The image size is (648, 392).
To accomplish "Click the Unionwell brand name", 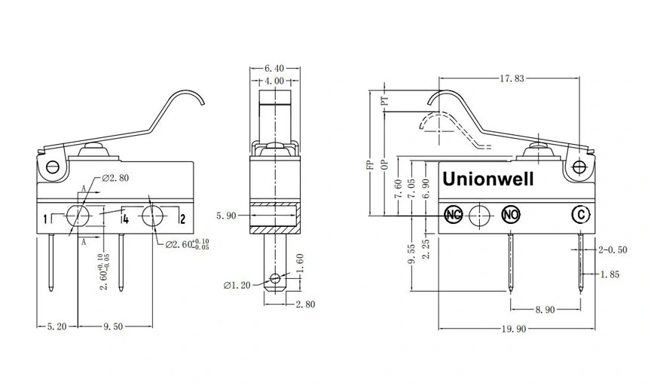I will [488, 180].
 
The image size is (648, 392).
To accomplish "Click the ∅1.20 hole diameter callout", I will [238, 285].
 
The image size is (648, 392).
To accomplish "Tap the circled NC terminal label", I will [454, 215].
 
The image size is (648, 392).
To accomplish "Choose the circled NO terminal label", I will [511, 215].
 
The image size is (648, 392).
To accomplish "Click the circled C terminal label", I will [579, 215].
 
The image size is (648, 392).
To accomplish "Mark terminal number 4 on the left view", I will [124, 219].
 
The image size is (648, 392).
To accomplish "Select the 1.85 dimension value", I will [610, 274].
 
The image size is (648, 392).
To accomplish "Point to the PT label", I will [385, 99].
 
